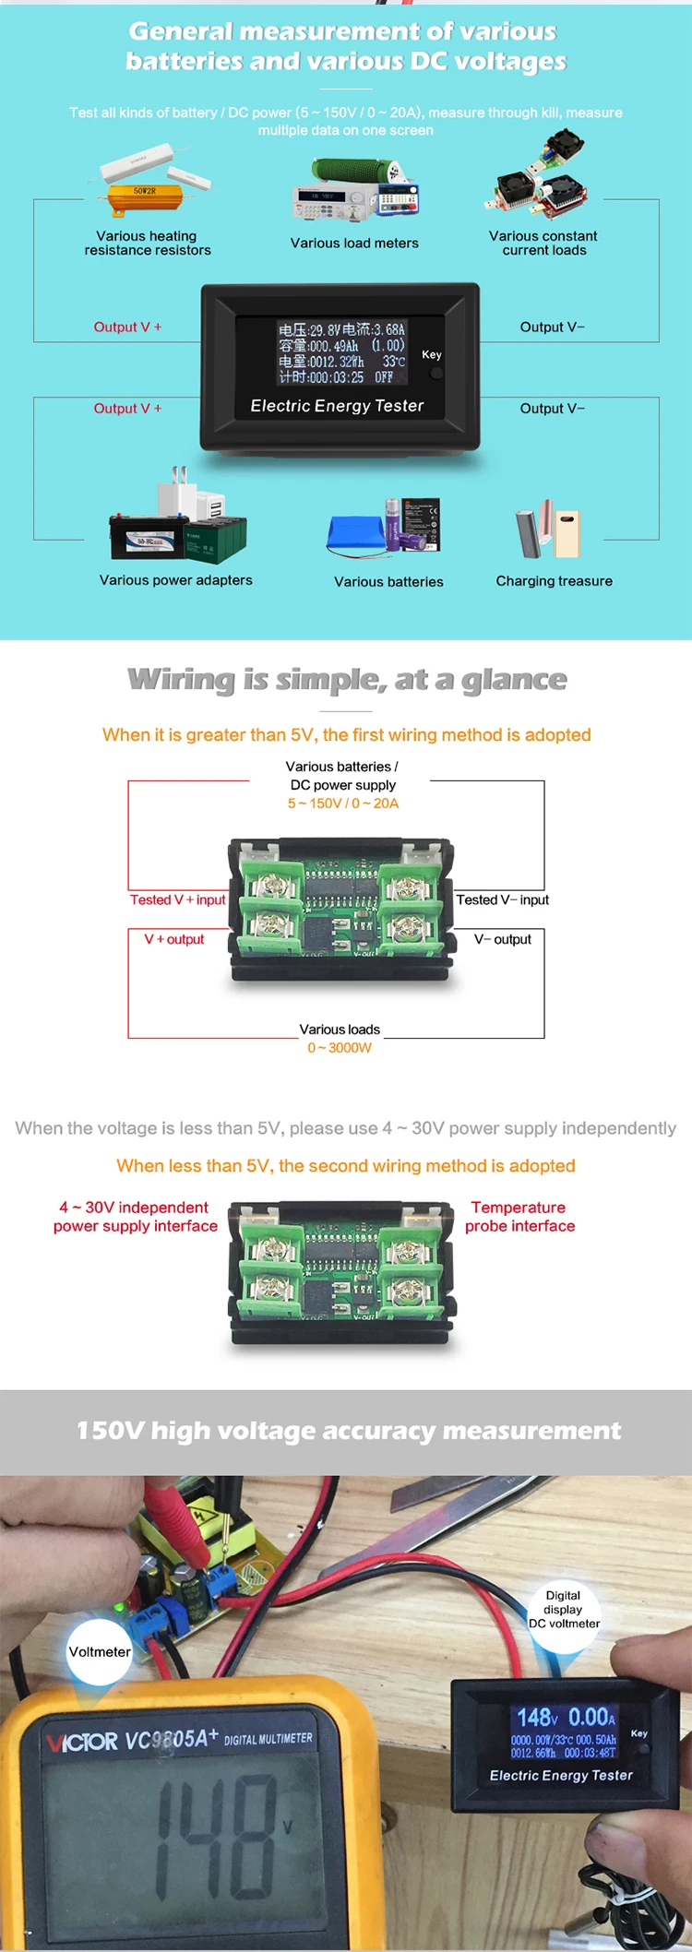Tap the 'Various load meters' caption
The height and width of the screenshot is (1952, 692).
354,243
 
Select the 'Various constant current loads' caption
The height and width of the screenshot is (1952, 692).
543,243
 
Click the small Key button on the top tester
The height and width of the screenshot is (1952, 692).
436,374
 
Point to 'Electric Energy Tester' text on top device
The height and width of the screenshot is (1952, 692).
337,406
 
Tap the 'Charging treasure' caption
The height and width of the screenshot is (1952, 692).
554,581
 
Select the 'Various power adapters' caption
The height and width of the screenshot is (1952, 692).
175,580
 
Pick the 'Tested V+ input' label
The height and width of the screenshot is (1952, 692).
177,899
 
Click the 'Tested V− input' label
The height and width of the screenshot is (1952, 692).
502,899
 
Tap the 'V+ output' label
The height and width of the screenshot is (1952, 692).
173,939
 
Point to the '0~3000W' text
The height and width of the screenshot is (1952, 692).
340,1048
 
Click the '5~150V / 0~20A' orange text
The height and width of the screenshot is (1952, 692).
342,803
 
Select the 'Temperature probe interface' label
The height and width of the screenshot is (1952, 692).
519,1217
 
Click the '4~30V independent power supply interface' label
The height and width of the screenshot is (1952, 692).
136,1217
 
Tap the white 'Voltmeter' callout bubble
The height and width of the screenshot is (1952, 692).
100,1651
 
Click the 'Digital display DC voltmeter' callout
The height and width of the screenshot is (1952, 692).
564,1610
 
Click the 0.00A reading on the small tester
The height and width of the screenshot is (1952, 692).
591,1717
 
